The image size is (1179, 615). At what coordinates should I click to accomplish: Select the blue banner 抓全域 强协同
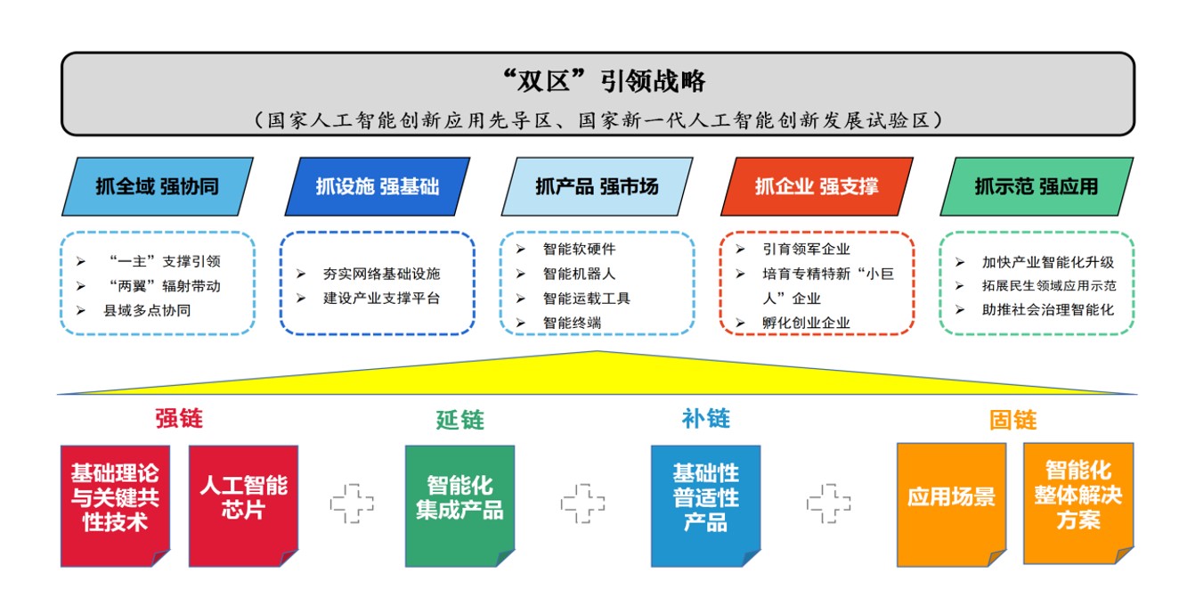click(158, 186)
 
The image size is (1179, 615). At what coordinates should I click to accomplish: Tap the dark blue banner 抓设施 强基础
click(378, 186)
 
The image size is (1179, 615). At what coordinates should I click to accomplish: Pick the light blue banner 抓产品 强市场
click(597, 186)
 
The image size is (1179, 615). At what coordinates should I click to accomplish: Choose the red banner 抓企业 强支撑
click(817, 186)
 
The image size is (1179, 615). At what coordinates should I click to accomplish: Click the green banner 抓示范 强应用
click(1037, 186)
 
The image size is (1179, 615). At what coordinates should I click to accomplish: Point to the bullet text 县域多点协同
click(148, 310)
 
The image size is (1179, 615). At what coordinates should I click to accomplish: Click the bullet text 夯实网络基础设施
click(382, 274)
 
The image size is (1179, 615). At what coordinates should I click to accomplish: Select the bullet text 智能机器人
click(579, 274)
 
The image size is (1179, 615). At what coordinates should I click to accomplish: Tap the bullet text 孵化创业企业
click(807, 323)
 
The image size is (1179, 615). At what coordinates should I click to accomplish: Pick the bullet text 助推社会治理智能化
click(1048, 310)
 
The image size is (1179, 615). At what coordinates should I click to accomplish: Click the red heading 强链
click(179, 418)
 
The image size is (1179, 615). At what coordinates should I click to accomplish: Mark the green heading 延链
click(460, 420)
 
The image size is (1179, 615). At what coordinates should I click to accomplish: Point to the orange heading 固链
click(1012, 420)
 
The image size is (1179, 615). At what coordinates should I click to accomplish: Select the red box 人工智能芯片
click(244, 506)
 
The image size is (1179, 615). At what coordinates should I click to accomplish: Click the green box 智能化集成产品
click(460, 506)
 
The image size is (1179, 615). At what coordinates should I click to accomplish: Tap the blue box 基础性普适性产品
click(706, 506)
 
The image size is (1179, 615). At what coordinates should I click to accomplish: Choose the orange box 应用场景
click(952, 504)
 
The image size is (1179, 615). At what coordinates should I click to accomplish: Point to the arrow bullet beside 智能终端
click(521, 323)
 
